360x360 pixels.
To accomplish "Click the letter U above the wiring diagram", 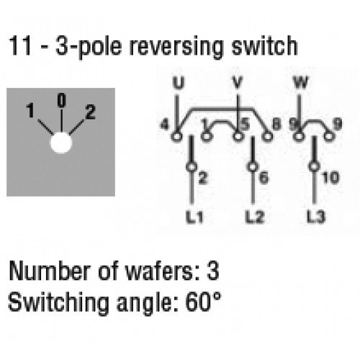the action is [x=179, y=83].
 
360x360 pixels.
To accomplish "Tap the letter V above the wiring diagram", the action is [x=238, y=83].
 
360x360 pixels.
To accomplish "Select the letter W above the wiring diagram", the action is [x=301, y=83].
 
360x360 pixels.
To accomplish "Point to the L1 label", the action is [x=194, y=217].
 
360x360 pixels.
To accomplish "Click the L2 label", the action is [x=255, y=217].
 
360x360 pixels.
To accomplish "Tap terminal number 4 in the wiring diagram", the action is [x=165, y=125].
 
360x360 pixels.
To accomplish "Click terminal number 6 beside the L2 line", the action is [x=264, y=178].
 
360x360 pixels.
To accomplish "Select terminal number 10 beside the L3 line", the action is [x=331, y=178].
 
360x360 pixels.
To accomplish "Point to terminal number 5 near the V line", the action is [x=245, y=125].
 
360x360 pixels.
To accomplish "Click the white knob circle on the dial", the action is [x=61, y=143].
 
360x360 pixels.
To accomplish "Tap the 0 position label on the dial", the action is [x=61, y=100].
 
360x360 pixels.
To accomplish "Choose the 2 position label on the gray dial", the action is [x=91, y=112].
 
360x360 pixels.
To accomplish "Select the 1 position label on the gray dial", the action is [x=30, y=110].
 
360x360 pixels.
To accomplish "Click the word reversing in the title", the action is [x=177, y=47].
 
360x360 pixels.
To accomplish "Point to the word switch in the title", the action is [x=264, y=45].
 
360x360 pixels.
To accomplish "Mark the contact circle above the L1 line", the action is [x=192, y=166].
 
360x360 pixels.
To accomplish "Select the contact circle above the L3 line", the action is [x=315, y=166].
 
